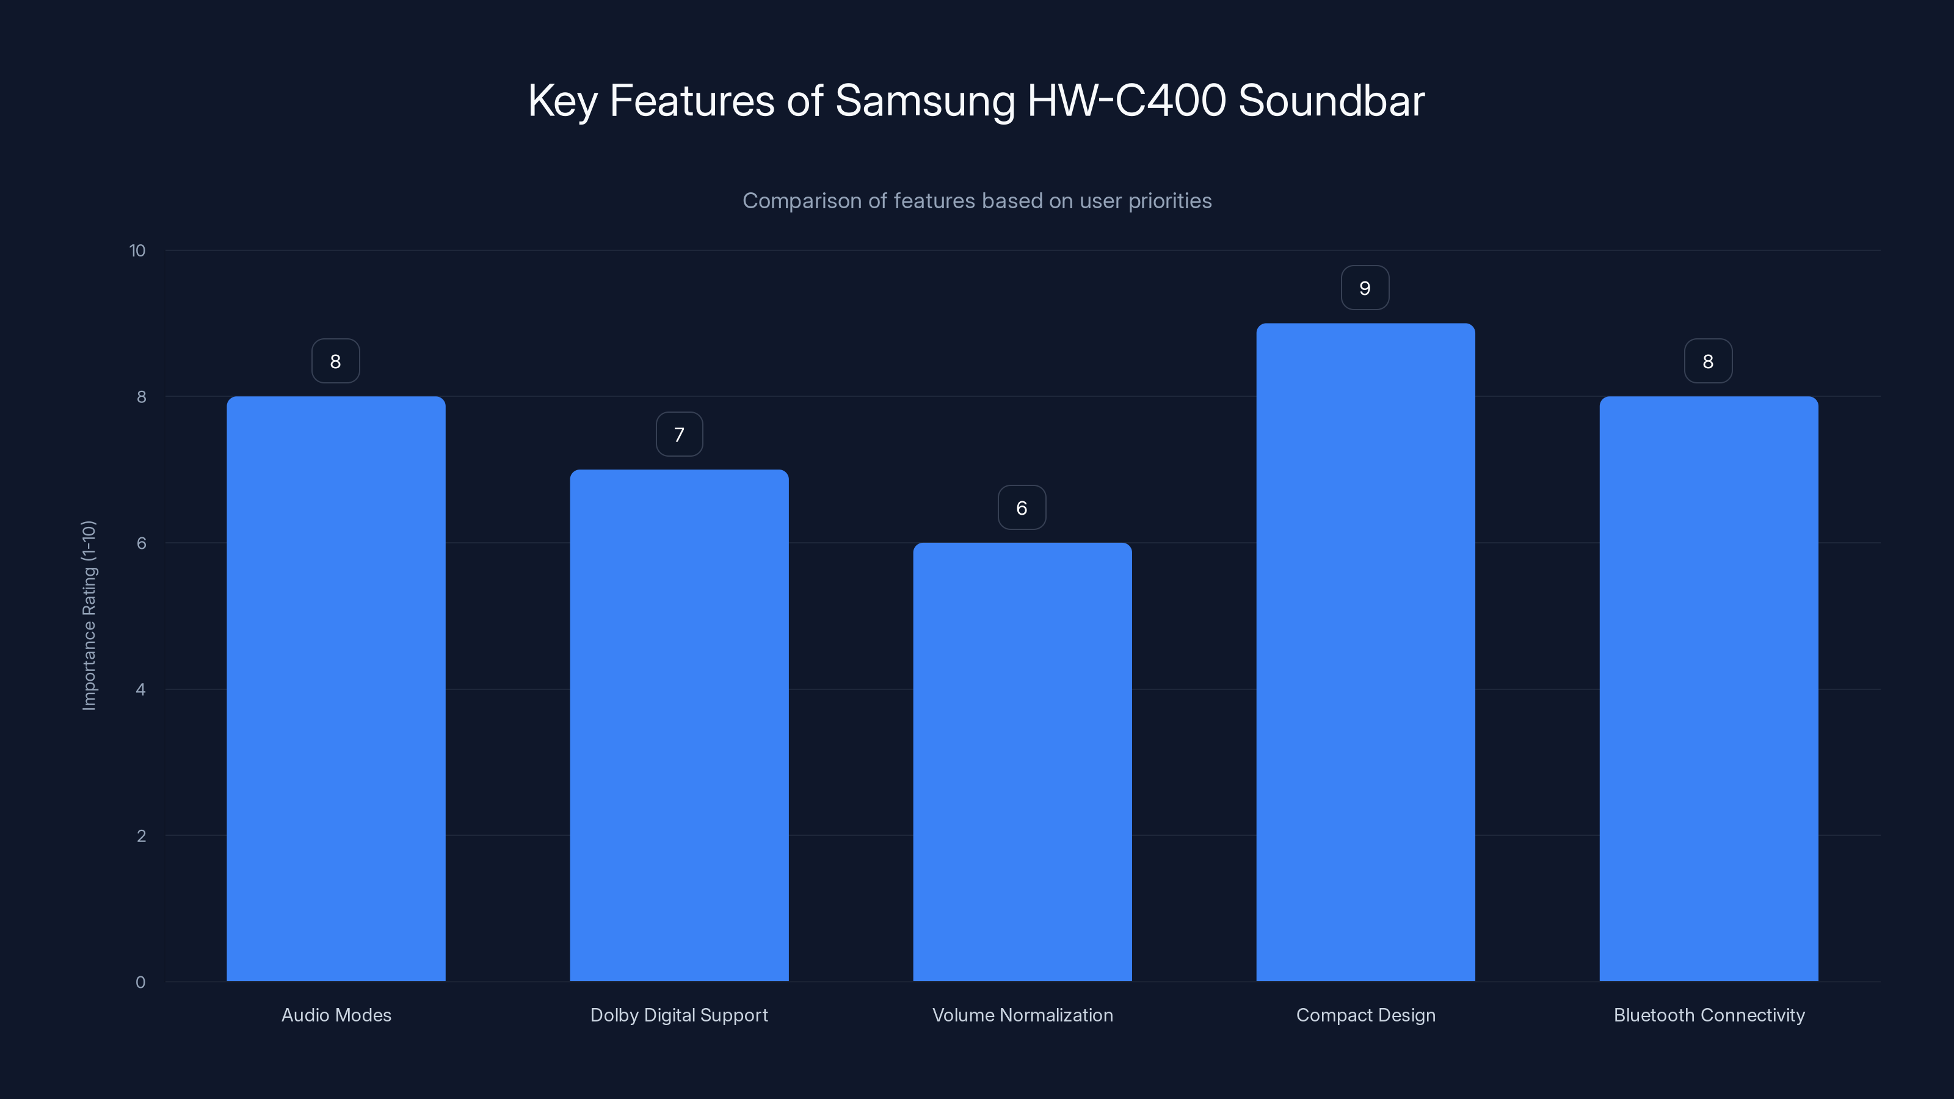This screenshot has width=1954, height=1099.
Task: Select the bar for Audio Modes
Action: (x=336, y=689)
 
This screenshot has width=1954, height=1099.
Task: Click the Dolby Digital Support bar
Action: (x=679, y=725)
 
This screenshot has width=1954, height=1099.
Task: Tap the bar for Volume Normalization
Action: (x=1022, y=761)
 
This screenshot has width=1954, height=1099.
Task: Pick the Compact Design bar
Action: (x=1365, y=652)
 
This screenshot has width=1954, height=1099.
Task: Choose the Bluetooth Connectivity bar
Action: (x=1709, y=689)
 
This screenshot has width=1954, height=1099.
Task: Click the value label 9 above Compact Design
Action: (x=1365, y=288)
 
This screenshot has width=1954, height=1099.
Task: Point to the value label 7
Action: (x=679, y=435)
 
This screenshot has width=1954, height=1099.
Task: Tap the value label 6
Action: (x=1022, y=508)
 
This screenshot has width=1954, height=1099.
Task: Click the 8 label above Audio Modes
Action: (x=335, y=362)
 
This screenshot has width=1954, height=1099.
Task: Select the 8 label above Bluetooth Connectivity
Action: (x=1707, y=362)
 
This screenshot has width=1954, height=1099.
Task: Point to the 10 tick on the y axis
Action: (x=137, y=251)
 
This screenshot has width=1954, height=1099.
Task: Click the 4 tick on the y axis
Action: (x=141, y=689)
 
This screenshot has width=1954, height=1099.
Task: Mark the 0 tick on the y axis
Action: (x=140, y=982)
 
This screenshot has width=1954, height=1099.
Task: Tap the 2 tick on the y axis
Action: (x=141, y=836)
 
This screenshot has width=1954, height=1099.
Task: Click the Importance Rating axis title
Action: (x=90, y=615)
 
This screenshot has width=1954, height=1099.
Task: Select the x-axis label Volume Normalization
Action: (x=1022, y=1015)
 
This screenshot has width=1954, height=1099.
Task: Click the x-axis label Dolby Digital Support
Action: (x=679, y=1015)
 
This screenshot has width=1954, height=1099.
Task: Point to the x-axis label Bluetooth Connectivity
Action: (x=1709, y=1015)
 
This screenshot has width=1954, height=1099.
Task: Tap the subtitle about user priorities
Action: (x=977, y=201)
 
